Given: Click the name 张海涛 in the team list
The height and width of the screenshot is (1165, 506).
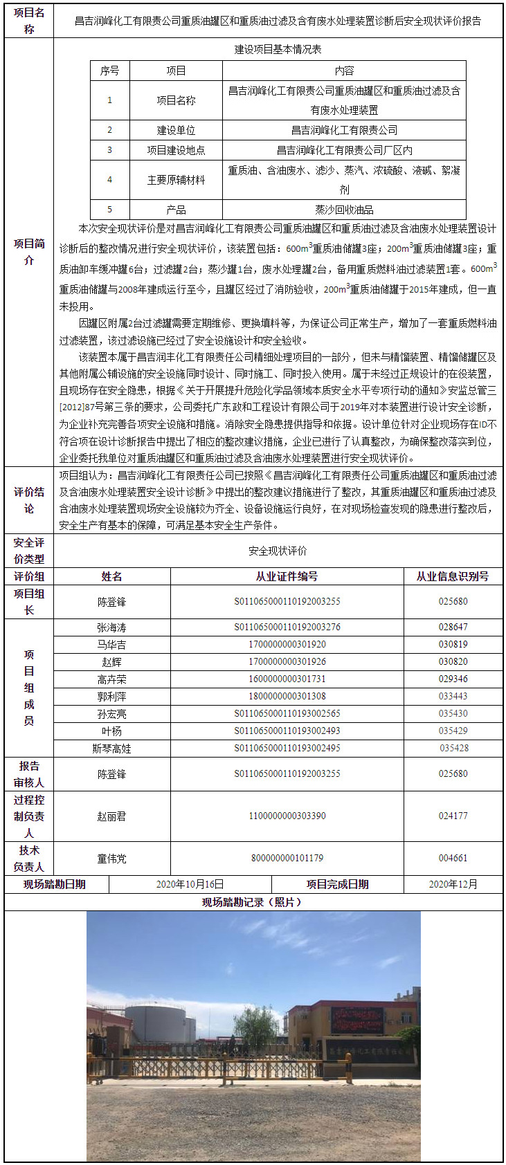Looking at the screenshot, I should coord(111,627).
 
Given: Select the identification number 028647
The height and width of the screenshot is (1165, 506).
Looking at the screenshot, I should coord(453,627).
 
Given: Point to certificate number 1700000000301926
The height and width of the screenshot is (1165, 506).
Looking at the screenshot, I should coord(287,662).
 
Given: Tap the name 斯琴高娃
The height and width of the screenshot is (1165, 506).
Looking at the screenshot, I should coord(111,749).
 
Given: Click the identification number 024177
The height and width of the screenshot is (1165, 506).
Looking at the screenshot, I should coord(453,816).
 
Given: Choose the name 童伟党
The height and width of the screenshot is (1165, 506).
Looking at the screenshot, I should coord(111,859).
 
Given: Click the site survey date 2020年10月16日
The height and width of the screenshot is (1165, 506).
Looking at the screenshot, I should coord(190,884).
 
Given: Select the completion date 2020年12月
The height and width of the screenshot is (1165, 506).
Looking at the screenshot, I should coord(453,884).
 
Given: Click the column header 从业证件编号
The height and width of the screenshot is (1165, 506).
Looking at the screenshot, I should coord(287,576).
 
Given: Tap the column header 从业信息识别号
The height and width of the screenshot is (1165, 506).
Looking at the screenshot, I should coord(453,576).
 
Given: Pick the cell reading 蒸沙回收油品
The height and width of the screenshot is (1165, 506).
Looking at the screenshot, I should coord(344,210).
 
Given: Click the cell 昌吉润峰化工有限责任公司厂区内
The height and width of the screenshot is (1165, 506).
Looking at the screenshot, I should coord(344,150).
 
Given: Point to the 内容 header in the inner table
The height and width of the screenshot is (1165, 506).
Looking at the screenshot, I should coord(344,71).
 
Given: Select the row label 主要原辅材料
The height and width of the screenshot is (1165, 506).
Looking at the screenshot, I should coord(176,180).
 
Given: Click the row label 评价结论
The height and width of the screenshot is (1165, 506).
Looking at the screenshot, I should coord(28,500).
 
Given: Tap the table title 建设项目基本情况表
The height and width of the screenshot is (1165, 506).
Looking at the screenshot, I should coord(278,50).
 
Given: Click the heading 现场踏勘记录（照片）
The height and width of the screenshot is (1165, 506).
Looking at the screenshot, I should coord(253,902).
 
